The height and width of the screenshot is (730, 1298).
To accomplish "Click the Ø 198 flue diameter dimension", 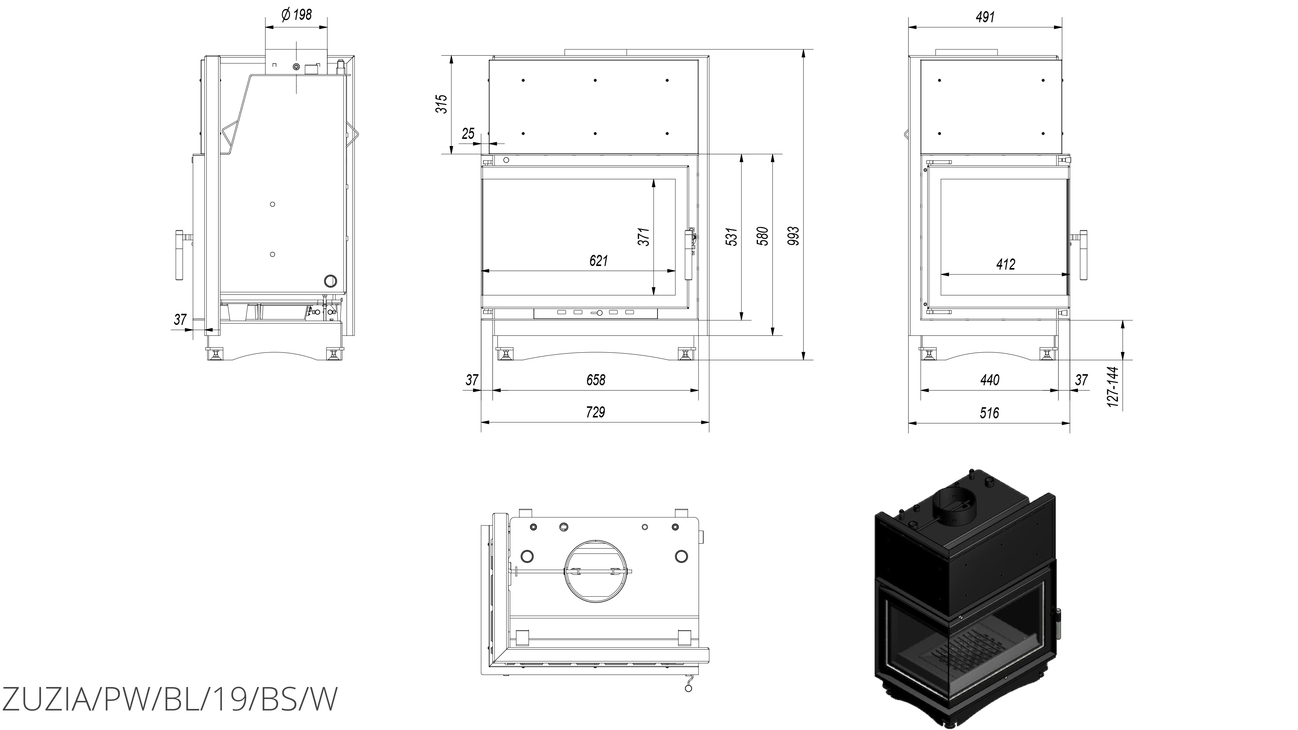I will [297, 15].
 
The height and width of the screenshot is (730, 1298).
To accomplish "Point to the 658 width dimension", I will [596, 380].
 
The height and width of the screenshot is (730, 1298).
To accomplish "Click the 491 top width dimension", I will [985, 17].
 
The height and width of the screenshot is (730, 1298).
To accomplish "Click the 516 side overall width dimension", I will [989, 413].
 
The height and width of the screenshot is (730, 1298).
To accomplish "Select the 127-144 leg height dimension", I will [1113, 387].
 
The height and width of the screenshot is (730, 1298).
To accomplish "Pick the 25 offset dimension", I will [468, 133].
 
